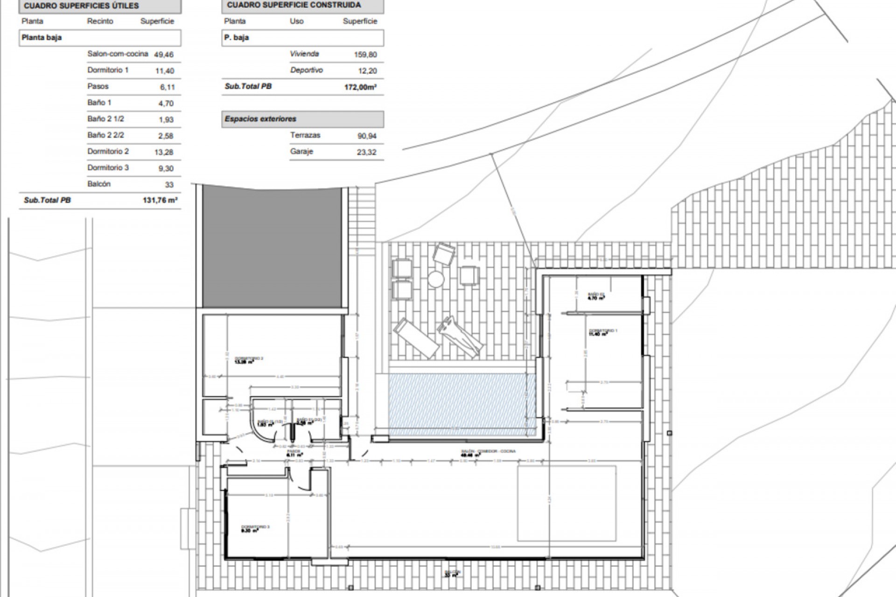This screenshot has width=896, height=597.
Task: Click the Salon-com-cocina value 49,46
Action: coord(163,55)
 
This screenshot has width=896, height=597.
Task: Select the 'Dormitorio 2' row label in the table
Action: coord(108,152)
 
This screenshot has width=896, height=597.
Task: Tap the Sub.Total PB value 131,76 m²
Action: coord(160,201)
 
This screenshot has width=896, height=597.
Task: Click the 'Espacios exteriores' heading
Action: coord(260,119)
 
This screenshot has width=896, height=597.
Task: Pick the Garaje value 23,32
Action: coord(366,152)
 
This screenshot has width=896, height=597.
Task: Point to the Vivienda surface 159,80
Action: coord(365,55)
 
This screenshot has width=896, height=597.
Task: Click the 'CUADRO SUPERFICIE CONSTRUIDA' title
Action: coord(294,5)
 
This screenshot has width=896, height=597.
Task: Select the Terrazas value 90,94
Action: coord(366,136)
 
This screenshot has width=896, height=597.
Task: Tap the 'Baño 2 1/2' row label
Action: coord(105,119)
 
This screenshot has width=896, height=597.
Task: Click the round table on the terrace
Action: coord(435,279)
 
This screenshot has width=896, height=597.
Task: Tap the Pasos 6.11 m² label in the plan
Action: coord(295,453)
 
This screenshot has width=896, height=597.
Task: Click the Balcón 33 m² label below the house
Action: coord(452,574)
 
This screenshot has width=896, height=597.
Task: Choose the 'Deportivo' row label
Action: coord(306,70)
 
